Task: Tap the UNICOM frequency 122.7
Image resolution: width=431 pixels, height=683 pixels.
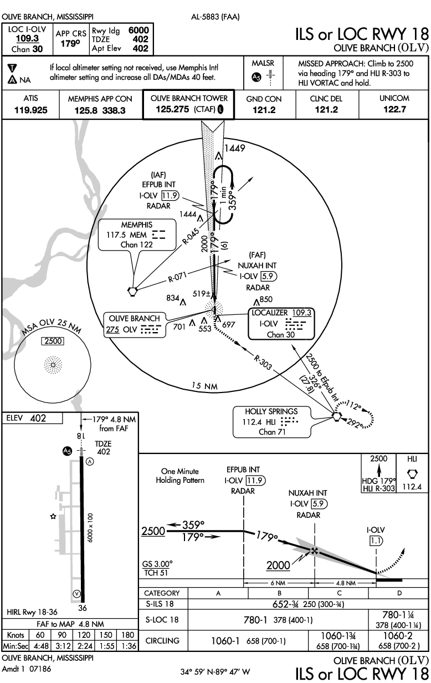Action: pyautogui.click(x=394, y=110)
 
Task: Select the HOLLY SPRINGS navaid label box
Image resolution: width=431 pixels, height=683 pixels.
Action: pyautogui.click(x=271, y=421)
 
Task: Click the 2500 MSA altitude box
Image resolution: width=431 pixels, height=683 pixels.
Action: pyautogui.click(x=53, y=341)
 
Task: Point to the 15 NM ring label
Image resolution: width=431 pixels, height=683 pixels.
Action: pyautogui.click(x=203, y=385)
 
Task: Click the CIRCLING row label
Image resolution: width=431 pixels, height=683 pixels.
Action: pyautogui.click(x=162, y=641)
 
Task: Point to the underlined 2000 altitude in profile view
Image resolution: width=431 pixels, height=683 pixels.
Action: pyautogui.click(x=278, y=565)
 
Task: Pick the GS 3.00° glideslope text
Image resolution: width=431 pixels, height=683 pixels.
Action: pyautogui.click(x=157, y=563)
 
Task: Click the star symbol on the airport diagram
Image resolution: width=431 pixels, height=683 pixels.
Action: pyautogui.click(x=53, y=516)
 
